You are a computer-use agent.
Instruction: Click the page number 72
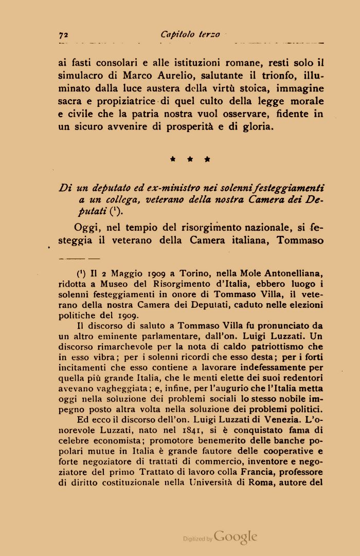64,35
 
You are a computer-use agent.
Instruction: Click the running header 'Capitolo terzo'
190,34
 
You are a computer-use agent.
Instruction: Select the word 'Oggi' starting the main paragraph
87,227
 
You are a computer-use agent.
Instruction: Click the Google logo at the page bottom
235,538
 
